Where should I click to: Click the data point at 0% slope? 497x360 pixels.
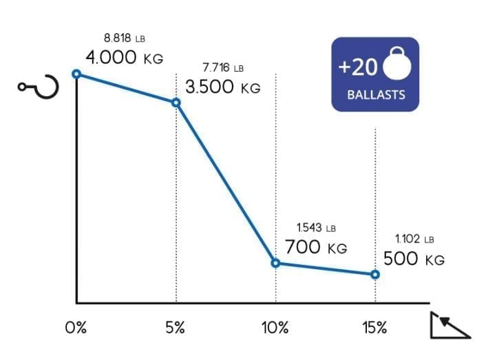[x=76, y=74]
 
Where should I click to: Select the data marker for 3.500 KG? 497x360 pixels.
[x=176, y=103]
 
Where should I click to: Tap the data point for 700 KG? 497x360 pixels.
[x=276, y=263]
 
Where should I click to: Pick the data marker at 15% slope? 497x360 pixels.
[x=375, y=274]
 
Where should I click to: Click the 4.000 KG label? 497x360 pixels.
[x=125, y=58]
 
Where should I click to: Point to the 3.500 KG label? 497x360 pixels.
[x=222, y=88]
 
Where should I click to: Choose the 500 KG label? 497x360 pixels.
[x=414, y=260]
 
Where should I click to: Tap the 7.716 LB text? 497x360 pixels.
[x=223, y=68]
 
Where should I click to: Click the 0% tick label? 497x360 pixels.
[x=76, y=328]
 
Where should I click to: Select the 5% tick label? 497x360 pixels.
[x=176, y=328]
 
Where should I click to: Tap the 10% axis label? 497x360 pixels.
[x=275, y=328]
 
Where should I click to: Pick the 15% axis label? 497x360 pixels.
[x=374, y=328]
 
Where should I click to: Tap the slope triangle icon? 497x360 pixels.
[x=450, y=324]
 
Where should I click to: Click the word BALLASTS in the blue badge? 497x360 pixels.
[x=375, y=96]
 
